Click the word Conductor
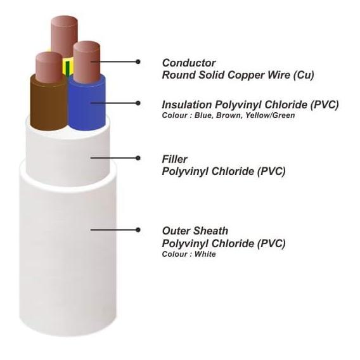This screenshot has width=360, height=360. tap(189, 63)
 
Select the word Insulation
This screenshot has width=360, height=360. tap(187, 105)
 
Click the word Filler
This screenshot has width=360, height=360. tap(174, 159)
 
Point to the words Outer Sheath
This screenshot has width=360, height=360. tap(195, 231)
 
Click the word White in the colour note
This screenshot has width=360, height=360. tap(205, 254)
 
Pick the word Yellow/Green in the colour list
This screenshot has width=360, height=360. tap(270, 115)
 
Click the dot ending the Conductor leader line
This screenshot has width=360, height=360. tap(138, 61)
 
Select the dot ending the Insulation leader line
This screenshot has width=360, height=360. tap(138, 103)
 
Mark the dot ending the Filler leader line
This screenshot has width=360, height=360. tap(138, 158)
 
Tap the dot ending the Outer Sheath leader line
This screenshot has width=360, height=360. tap(138, 229)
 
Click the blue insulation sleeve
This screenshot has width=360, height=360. tap(87, 103)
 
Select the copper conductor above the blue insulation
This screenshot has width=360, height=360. tap(87, 61)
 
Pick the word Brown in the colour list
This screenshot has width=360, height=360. tap(229, 115)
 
